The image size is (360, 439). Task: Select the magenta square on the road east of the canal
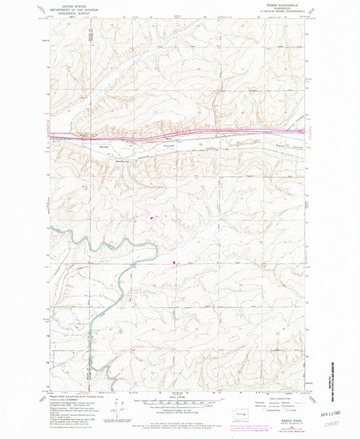pos(175,263)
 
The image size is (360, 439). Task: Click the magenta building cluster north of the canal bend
pos(151,217)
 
